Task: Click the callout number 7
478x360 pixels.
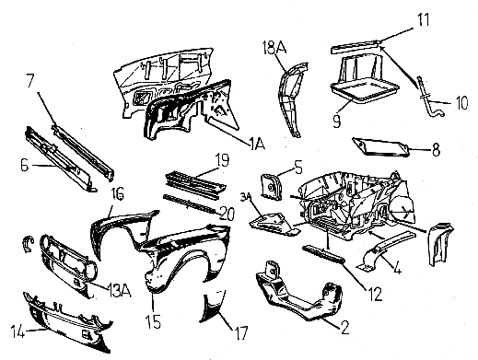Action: [31, 80]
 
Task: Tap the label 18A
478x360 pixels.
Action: [274, 48]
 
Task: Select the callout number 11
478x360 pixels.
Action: [424, 19]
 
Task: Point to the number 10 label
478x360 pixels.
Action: [461, 102]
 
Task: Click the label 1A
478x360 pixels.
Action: [257, 144]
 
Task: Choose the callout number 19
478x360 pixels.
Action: [222, 160]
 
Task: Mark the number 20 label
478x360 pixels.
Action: [227, 214]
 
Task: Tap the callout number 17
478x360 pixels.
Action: [241, 332]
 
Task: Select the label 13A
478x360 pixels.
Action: [119, 290]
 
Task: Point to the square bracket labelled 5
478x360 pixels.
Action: [271, 187]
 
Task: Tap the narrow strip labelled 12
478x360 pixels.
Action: [323, 254]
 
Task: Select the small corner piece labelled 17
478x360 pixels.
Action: [213, 307]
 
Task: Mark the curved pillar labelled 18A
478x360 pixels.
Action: [292, 99]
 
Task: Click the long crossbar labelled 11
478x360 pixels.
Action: [356, 46]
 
